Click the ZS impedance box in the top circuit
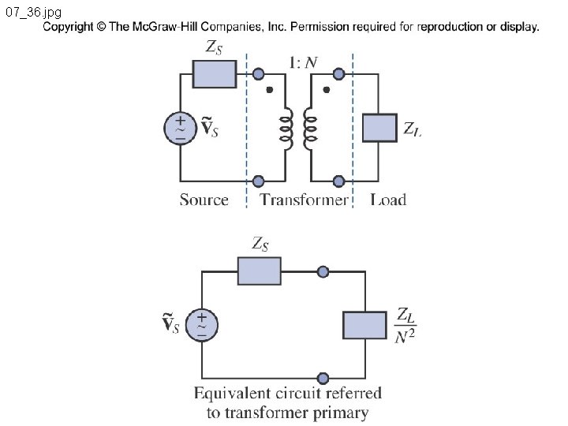(215, 74)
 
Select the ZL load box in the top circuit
(379, 128)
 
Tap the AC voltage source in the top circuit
(181, 129)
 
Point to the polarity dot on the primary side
(269, 89)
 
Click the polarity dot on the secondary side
(327, 89)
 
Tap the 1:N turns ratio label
(303, 62)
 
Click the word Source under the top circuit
(204, 200)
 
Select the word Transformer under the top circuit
(304, 200)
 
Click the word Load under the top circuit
(388, 200)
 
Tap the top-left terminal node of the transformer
(258, 74)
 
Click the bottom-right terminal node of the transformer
(338, 181)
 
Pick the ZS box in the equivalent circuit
(260, 271)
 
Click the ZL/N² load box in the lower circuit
(364, 325)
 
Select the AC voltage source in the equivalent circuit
(202, 324)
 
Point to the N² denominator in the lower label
(405, 336)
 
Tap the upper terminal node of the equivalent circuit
(323, 271)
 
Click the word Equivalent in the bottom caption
(232, 394)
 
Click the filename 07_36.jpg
(34, 12)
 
